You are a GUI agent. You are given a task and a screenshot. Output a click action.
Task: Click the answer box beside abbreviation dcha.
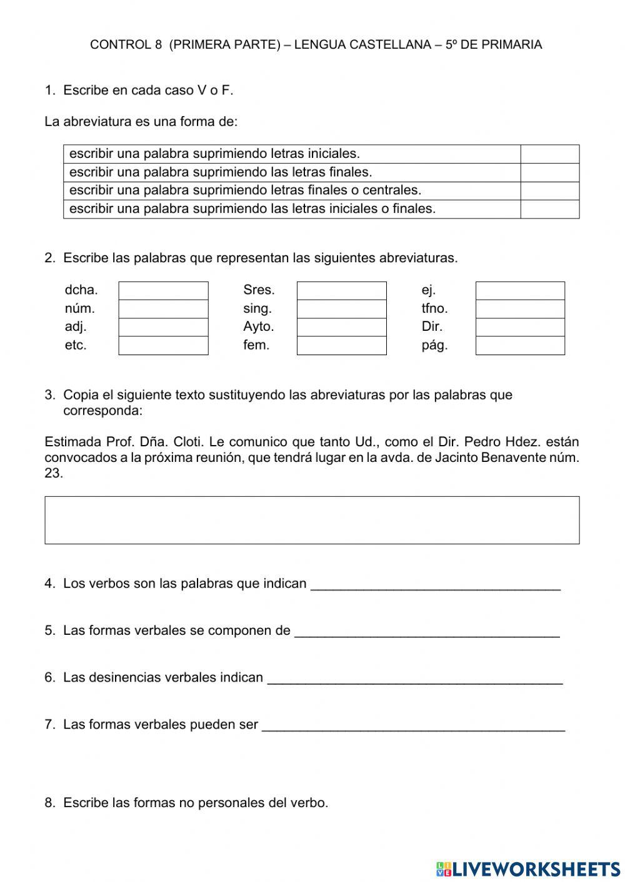(x=163, y=291)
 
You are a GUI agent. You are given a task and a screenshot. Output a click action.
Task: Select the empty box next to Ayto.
(x=341, y=327)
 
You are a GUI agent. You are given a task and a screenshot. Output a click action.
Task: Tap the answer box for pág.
(x=520, y=346)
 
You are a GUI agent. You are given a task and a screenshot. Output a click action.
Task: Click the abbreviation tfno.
(x=434, y=308)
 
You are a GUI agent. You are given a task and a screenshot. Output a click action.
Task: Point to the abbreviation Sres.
(x=259, y=290)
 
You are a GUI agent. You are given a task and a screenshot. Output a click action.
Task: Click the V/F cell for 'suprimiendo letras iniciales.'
(x=549, y=154)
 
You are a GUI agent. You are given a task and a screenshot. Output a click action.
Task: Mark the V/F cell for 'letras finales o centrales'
(x=549, y=191)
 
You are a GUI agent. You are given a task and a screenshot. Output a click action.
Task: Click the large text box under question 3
(x=312, y=520)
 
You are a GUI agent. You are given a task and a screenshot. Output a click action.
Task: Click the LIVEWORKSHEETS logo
(x=528, y=869)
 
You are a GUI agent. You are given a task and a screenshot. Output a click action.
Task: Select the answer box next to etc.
(x=163, y=346)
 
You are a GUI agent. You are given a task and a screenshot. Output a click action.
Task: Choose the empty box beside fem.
(x=341, y=346)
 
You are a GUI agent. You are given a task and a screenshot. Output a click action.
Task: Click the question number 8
(x=50, y=803)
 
